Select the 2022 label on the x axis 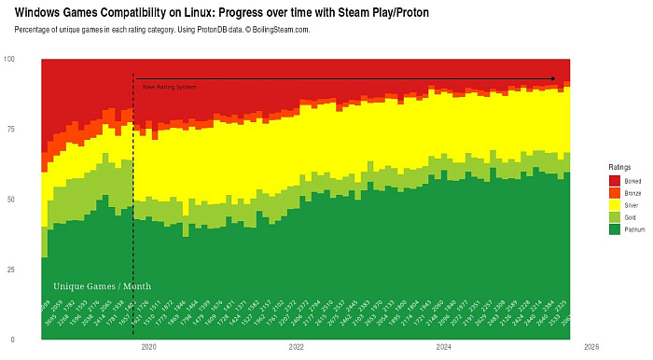(x=297, y=347)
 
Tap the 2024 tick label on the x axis (x=444, y=347)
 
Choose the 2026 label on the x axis (x=591, y=347)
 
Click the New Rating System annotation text (x=169, y=87)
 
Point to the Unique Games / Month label (x=102, y=286)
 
